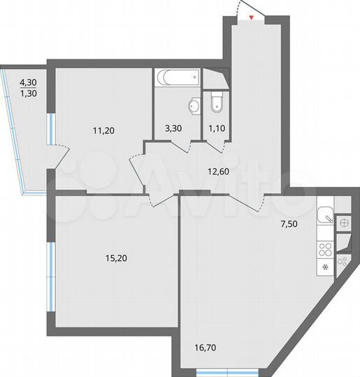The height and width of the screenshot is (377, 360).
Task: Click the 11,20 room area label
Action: pyautogui.click(x=103, y=129)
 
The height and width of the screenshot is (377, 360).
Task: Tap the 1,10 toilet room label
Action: pyautogui.click(x=213, y=129)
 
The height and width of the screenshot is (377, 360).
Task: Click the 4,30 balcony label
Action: pyautogui.click(x=29, y=81)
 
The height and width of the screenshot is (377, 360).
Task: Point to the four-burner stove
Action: pyautogui.click(x=325, y=249)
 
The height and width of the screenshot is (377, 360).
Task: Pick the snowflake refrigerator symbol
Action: pyautogui.click(x=325, y=267)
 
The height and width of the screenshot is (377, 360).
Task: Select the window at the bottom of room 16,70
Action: pyautogui.click(x=214, y=368)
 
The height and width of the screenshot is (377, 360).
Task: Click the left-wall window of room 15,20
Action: pyautogui.click(x=50, y=276)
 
